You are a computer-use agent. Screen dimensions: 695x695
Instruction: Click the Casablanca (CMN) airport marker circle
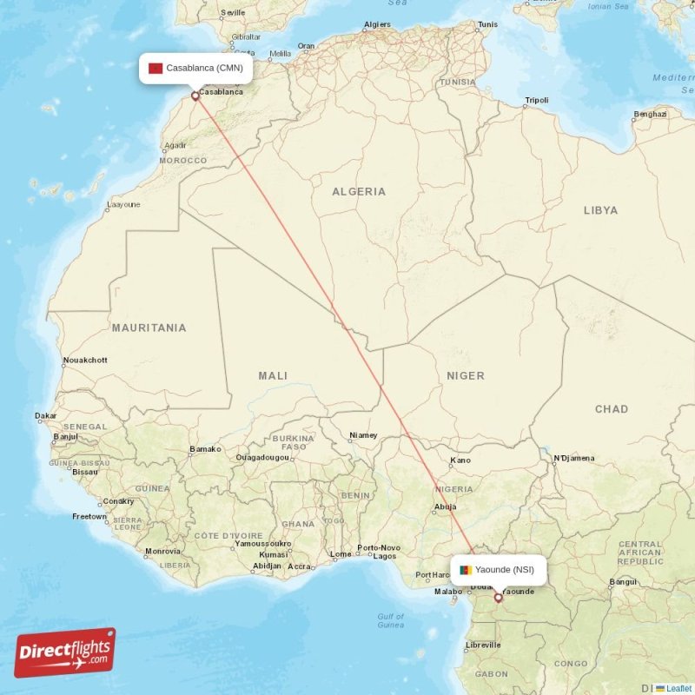point(195,96)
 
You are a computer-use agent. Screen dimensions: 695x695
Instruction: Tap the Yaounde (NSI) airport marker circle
point(499,598)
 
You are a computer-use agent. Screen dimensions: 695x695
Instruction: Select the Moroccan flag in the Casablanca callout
point(156,68)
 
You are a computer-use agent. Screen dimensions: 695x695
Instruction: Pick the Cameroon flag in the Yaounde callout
point(466,570)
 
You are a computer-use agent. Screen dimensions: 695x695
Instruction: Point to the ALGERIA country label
point(359,191)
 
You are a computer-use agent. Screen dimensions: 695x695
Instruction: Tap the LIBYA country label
point(600,210)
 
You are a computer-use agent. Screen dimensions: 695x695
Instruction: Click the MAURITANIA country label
point(149,328)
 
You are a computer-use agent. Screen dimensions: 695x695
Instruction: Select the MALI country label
point(273,375)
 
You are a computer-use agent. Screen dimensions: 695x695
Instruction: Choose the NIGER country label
point(466,375)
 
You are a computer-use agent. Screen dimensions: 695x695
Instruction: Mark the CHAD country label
point(612,408)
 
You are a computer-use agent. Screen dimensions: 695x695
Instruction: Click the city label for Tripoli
point(536,101)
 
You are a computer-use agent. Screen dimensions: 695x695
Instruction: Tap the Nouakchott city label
point(85,360)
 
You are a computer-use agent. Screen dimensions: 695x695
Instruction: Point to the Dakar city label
point(45,415)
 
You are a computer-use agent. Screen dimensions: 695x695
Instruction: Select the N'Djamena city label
point(573,458)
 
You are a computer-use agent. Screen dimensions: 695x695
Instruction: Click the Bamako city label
point(205,449)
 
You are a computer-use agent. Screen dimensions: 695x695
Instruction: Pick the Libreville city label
point(484,645)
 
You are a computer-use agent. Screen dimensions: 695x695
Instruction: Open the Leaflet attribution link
point(678,688)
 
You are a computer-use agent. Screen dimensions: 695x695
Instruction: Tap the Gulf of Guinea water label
point(391,620)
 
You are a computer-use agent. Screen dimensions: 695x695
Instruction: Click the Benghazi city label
point(650,114)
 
